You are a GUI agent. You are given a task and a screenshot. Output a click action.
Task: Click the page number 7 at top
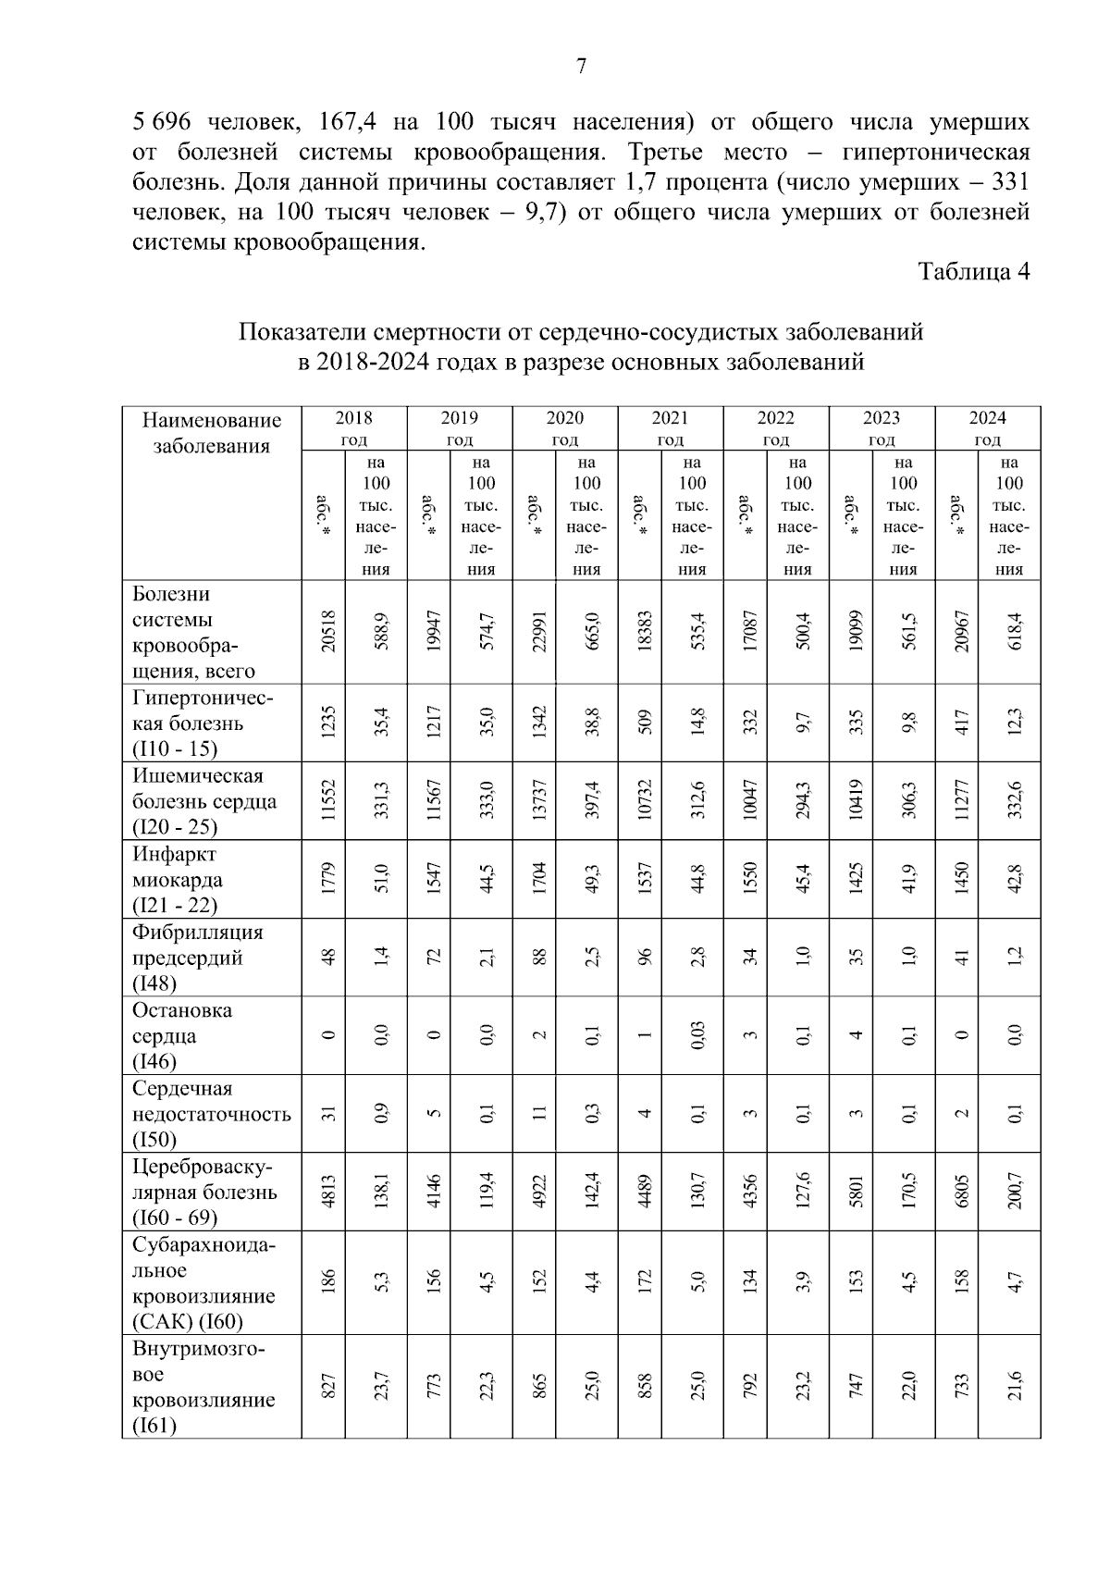[581, 67]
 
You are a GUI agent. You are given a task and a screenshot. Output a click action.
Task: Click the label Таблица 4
[973, 271]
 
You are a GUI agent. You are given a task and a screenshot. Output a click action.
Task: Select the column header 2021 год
[670, 428]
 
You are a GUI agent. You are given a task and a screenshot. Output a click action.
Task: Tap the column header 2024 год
[988, 428]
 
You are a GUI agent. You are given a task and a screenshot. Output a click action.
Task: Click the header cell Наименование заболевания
[212, 433]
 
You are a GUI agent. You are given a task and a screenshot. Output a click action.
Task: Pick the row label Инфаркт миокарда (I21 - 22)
[178, 879]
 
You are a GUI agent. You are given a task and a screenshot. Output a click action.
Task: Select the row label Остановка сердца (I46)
[182, 1035]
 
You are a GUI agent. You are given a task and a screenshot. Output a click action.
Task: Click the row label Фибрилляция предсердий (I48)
[197, 957]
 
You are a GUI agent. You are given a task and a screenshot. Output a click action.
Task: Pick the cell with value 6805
[962, 1191]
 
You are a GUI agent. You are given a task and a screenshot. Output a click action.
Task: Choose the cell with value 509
[645, 723]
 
